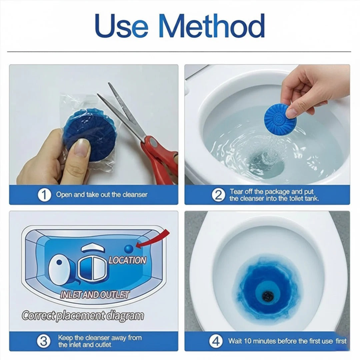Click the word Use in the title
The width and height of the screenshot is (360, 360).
pyautogui.click(x=122, y=26)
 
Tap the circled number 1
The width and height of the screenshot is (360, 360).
pyautogui.click(x=44, y=195)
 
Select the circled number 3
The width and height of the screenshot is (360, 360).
pyautogui.click(x=44, y=341)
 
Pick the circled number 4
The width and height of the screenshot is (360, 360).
pyautogui.click(x=216, y=341)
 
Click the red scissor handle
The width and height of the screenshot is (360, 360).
pyautogui.click(x=161, y=158)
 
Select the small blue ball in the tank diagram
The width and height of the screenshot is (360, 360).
pyautogui.click(x=129, y=249)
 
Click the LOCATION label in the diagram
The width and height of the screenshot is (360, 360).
pyautogui.click(x=127, y=260)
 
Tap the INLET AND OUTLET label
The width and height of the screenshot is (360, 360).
pyautogui.click(x=94, y=295)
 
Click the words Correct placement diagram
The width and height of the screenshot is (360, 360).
pyautogui.click(x=83, y=316)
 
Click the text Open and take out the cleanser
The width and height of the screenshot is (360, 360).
pyautogui.click(x=102, y=195)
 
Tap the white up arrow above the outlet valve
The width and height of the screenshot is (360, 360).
pyautogui.click(x=93, y=248)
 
